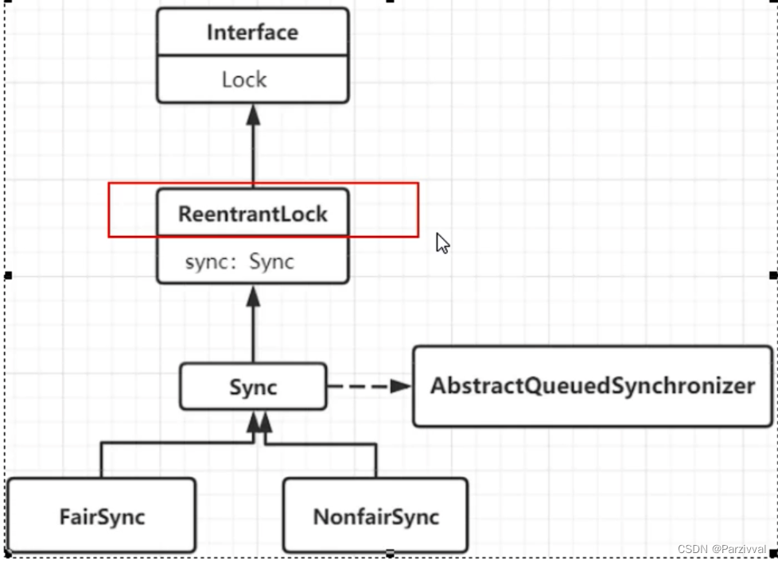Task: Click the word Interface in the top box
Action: [x=252, y=33]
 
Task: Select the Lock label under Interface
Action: [x=244, y=79]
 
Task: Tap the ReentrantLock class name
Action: [x=252, y=214]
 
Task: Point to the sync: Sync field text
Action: [x=239, y=261]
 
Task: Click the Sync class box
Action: [x=253, y=387]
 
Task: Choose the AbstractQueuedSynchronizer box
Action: [x=593, y=386]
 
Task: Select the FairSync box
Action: [x=101, y=516]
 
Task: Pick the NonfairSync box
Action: [x=375, y=516]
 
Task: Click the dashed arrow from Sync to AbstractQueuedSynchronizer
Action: [x=366, y=386]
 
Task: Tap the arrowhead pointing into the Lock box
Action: [x=253, y=115]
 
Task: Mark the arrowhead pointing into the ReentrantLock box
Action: [x=253, y=296]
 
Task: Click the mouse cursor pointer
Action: [x=442, y=242]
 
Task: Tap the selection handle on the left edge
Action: [x=8, y=275]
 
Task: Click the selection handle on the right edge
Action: [x=772, y=275]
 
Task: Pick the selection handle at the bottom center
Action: [x=390, y=553]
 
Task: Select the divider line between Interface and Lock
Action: [x=252, y=56]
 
